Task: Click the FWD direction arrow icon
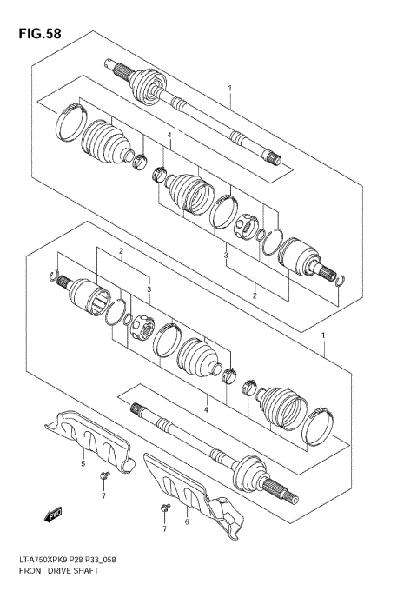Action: pyautogui.click(x=56, y=515)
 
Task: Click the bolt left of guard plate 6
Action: pyautogui.click(x=162, y=506)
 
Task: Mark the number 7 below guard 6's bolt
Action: pyautogui.click(x=164, y=528)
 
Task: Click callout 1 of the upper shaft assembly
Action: pyautogui.click(x=229, y=88)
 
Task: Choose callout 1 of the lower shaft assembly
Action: pyautogui.click(x=323, y=335)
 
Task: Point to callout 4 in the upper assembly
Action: pyautogui.click(x=170, y=136)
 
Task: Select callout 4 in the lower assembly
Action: pyautogui.click(x=206, y=408)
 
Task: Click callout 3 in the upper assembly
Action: pyautogui.click(x=226, y=255)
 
